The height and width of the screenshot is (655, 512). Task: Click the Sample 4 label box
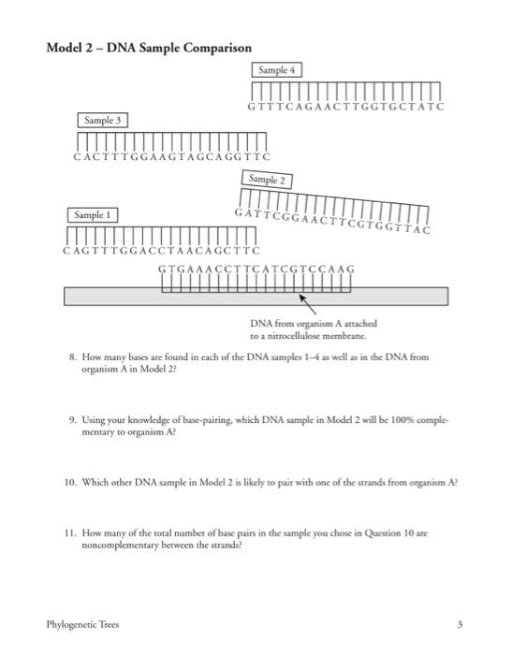pos(276,70)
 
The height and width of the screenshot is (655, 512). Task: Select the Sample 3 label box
pos(103,121)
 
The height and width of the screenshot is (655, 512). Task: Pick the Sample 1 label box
pos(93,215)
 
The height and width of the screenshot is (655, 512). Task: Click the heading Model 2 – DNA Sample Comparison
pos(149,48)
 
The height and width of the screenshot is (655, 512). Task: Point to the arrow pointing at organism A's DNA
pos(307,303)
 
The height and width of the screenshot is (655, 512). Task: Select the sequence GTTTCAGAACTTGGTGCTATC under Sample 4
pos(345,107)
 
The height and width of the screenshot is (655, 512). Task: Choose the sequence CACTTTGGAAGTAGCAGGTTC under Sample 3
pos(171,157)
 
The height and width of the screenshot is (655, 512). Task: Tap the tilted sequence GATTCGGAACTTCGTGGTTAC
pos(333,217)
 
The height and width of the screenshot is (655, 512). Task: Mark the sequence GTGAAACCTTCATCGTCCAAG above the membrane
pos(256,269)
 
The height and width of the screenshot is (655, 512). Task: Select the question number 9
pos(71,422)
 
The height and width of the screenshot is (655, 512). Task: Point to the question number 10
pos(69,482)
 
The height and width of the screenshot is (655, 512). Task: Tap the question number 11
pos(69,531)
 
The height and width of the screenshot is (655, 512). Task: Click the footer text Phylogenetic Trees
pos(83,624)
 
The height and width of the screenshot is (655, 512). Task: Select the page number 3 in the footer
pos(460,624)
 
